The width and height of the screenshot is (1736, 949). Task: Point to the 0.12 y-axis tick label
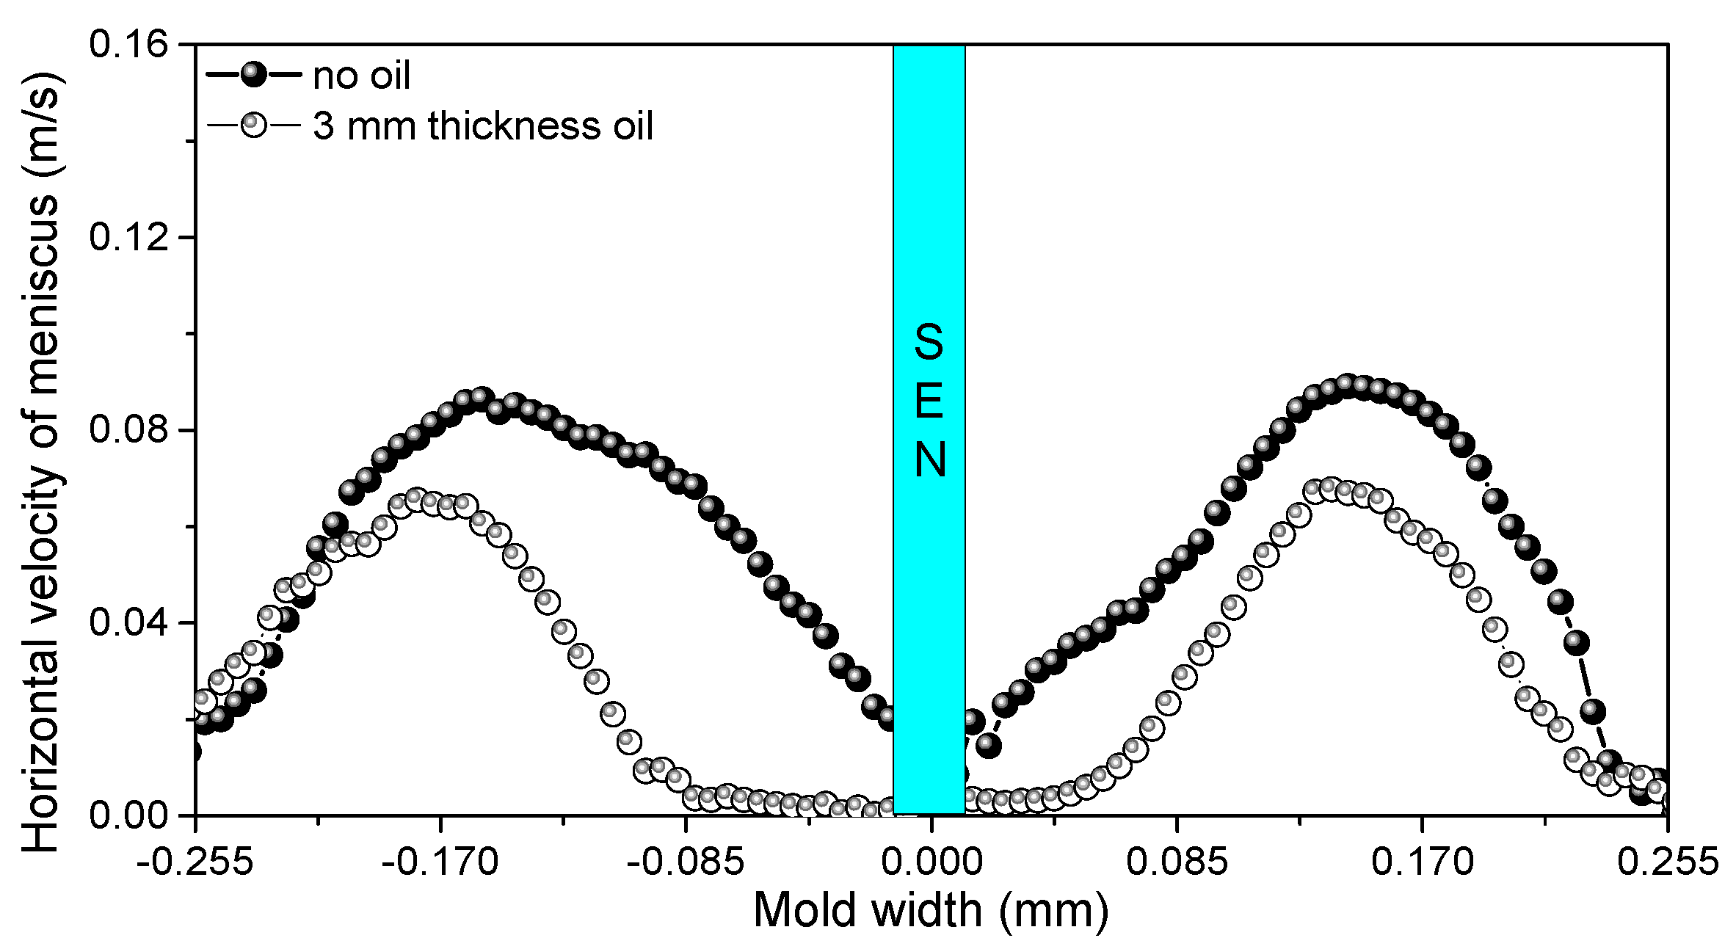click(x=128, y=237)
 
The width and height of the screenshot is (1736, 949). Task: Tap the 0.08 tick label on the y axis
click(x=128, y=429)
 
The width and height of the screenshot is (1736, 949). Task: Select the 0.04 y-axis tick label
click(x=128, y=622)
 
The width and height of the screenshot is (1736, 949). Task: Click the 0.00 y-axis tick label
click(x=128, y=815)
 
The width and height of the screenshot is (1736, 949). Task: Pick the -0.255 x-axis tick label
click(x=195, y=862)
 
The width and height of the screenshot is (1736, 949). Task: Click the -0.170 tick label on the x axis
click(x=440, y=862)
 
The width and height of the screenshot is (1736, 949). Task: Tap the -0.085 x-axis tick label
click(x=686, y=862)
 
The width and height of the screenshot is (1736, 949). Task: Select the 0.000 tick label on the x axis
click(x=931, y=862)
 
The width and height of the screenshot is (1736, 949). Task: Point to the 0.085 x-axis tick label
click(x=1177, y=862)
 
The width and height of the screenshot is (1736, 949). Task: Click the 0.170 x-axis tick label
click(x=1423, y=862)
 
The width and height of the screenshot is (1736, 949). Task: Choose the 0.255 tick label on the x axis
click(x=1668, y=862)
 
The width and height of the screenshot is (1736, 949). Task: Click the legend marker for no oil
click(x=254, y=74)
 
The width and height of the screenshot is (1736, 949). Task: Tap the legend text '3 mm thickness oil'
click(x=482, y=126)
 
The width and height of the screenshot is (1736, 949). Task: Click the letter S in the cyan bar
click(x=929, y=342)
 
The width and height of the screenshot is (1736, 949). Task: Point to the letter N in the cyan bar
click(x=929, y=460)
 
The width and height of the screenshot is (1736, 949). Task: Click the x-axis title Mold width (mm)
click(x=931, y=911)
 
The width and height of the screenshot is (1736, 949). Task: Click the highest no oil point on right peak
click(x=1346, y=385)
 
